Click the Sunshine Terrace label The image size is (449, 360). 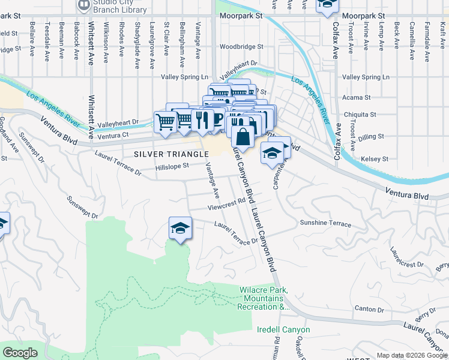click(325, 224)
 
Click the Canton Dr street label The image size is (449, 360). click(369, 310)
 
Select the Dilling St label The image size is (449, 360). click(372, 137)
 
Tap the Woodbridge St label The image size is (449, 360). click(241, 46)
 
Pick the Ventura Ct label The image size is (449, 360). click(117, 135)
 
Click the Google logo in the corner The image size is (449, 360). click(20, 353)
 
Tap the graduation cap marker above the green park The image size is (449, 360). click(179, 228)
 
